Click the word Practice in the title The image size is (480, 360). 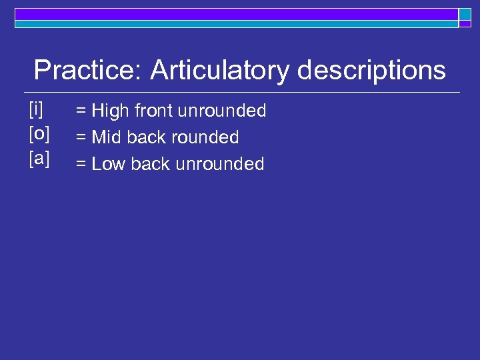point(87,70)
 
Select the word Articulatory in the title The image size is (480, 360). point(220,70)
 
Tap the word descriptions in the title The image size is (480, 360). point(371,70)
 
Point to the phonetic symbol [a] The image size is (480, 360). point(39,161)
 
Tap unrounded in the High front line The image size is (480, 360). point(223,111)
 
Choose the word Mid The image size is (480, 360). point(107,137)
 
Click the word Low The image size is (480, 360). point(109,164)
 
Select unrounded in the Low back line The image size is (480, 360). point(220,164)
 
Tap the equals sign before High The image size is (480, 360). point(81,111)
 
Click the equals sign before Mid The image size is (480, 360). point(81,138)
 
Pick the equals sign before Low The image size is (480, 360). point(81,165)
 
